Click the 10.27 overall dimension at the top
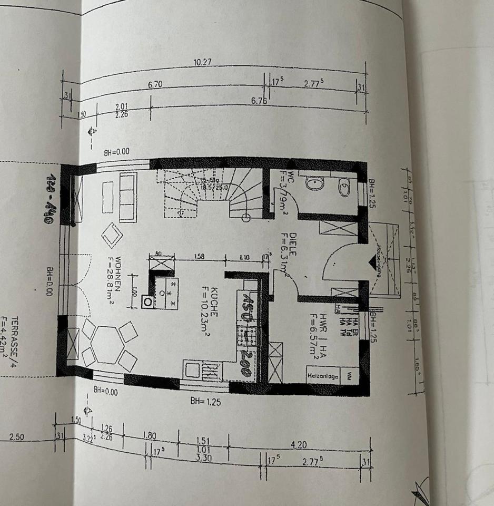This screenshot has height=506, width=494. (x=202, y=62)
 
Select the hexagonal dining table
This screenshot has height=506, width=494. (x=107, y=344)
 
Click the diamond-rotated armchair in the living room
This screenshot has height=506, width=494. (x=112, y=235)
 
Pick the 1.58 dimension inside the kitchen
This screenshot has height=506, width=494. (x=200, y=257)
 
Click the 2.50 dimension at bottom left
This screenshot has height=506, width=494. (x=16, y=437)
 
